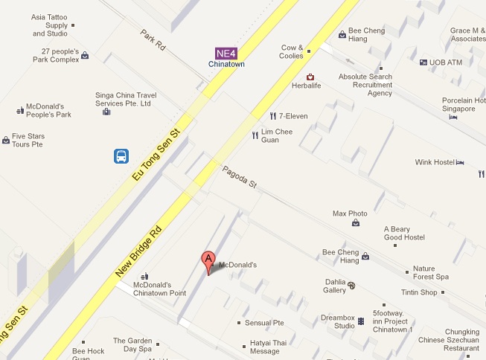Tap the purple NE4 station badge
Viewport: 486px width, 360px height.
(x=226, y=53)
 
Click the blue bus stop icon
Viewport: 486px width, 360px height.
(x=121, y=156)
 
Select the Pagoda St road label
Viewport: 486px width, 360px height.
(x=239, y=178)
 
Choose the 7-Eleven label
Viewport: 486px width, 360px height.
(x=292, y=116)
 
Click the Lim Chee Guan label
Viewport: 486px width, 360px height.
(x=281, y=135)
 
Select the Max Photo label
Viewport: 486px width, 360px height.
(x=350, y=213)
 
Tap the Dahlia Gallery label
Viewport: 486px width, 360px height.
(x=335, y=286)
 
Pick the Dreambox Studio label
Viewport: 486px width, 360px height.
(x=339, y=321)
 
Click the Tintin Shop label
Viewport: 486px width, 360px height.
(x=418, y=292)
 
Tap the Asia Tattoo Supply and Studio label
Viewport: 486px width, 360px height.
(x=50, y=25)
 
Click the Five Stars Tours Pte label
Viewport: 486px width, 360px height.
(x=28, y=140)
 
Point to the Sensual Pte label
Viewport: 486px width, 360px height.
(x=266, y=323)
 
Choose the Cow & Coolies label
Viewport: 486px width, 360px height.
(x=292, y=51)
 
